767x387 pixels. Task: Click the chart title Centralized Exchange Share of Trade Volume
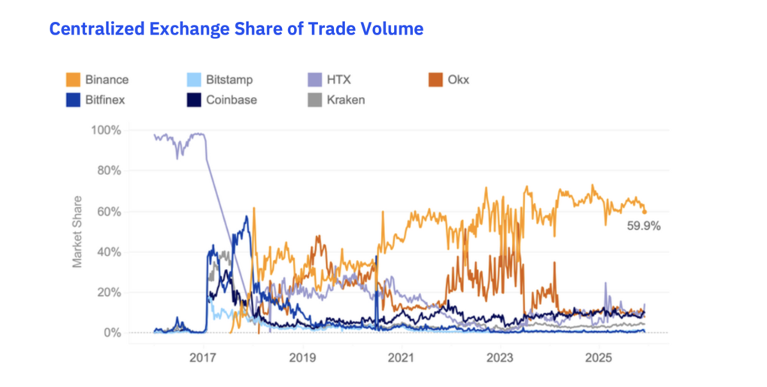236,29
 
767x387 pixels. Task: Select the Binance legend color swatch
74,80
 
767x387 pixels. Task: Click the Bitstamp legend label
230,80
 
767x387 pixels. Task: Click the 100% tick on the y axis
106,130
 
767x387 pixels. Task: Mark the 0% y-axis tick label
112,333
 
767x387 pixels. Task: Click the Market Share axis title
77,232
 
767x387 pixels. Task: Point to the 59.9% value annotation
644,225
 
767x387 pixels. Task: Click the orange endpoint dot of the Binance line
644,211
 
